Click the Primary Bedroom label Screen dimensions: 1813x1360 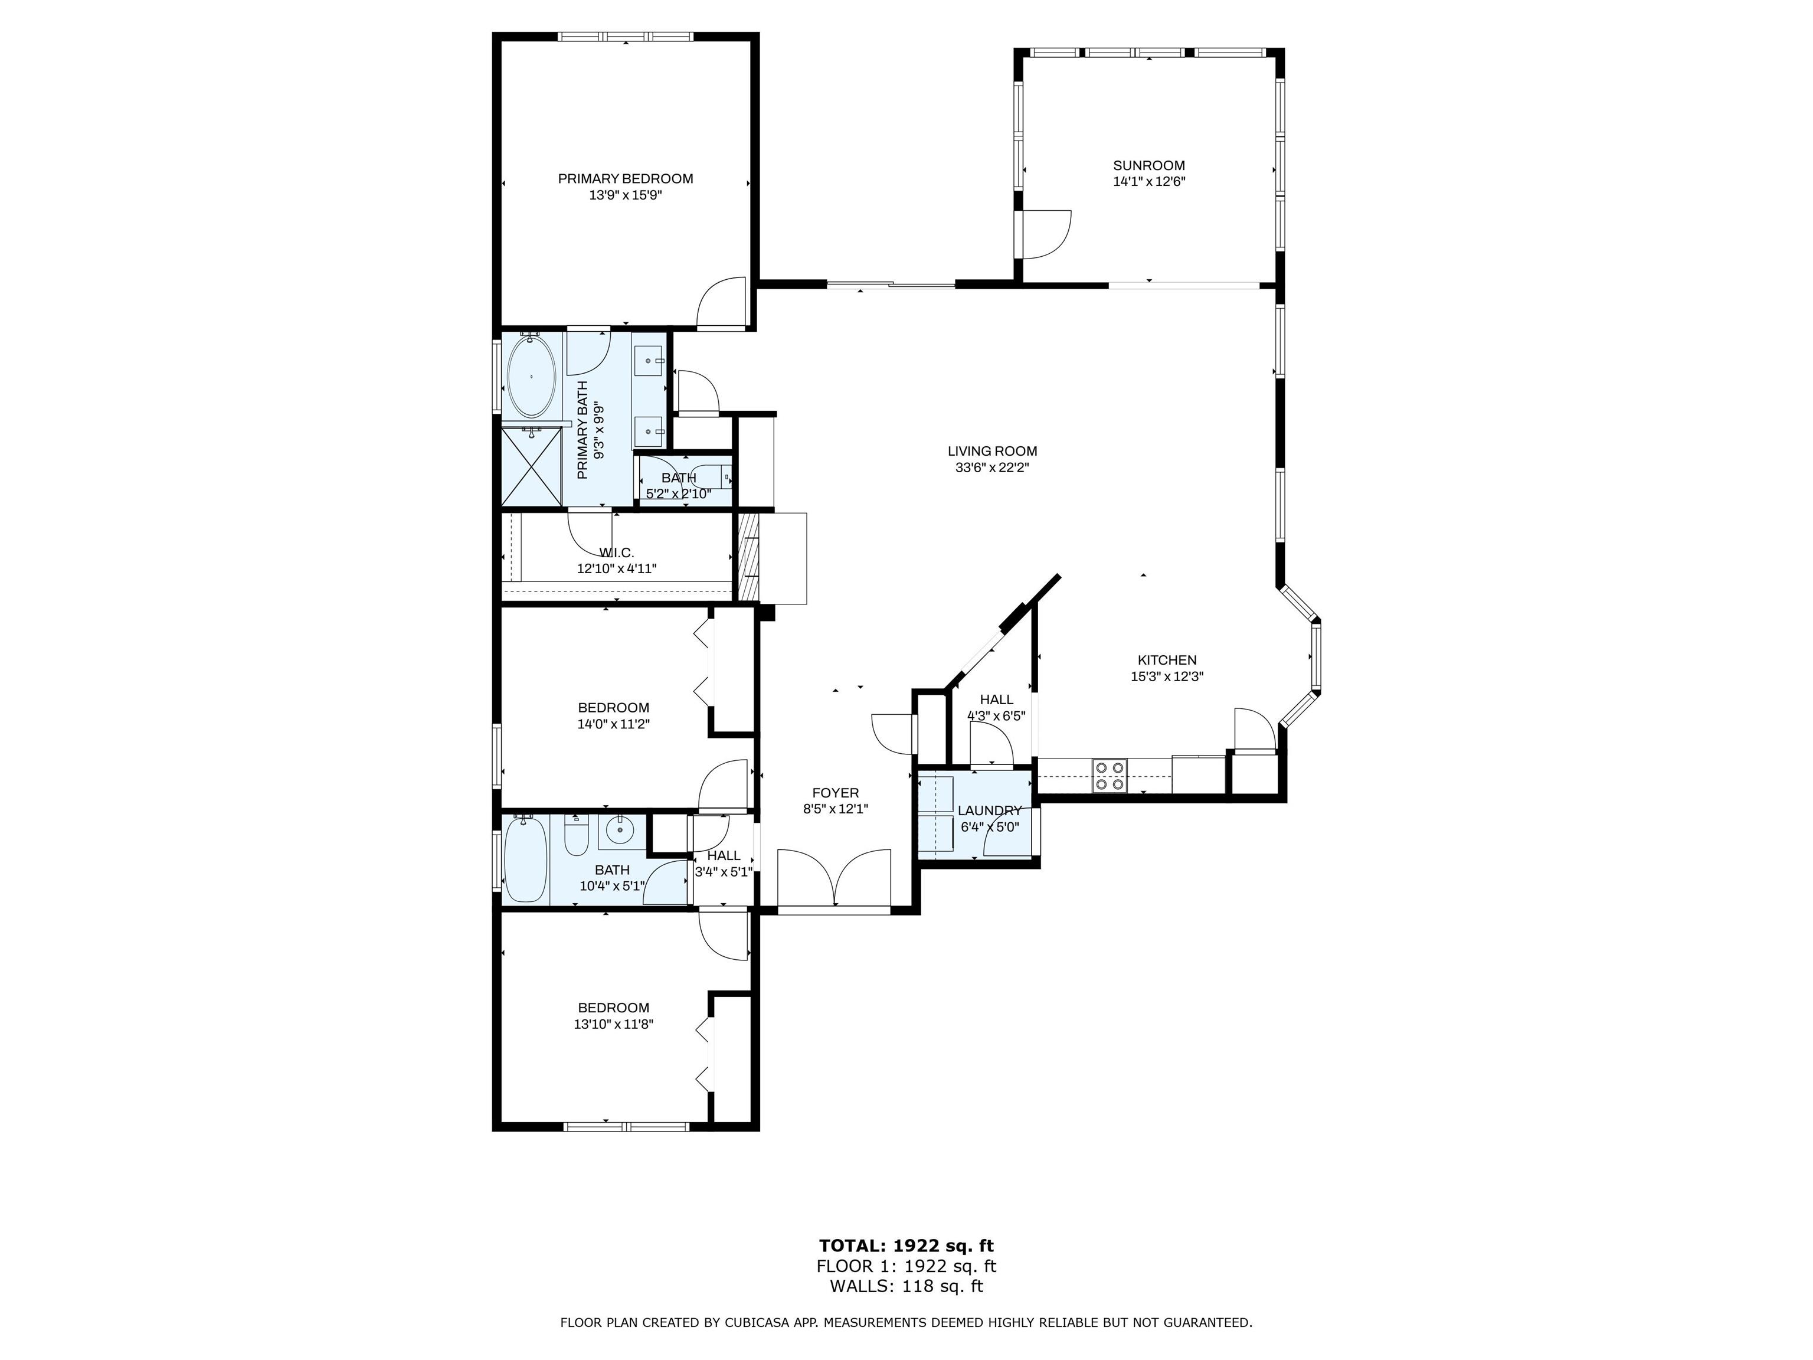[x=626, y=179]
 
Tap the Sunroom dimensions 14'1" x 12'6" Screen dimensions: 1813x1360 [x=1149, y=182]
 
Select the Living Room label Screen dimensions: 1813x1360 [x=993, y=451]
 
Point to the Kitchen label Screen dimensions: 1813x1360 [x=1167, y=660]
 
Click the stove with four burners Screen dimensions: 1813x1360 [x=1109, y=776]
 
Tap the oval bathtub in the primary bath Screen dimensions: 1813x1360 [x=532, y=378]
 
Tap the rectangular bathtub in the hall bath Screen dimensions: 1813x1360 [x=525, y=859]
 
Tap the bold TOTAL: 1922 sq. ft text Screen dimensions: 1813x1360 [x=906, y=1246]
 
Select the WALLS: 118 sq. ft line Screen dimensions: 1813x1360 [x=906, y=1286]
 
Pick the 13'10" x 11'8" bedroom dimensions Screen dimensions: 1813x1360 [x=614, y=1024]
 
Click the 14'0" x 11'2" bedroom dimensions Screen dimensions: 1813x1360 [x=614, y=724]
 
